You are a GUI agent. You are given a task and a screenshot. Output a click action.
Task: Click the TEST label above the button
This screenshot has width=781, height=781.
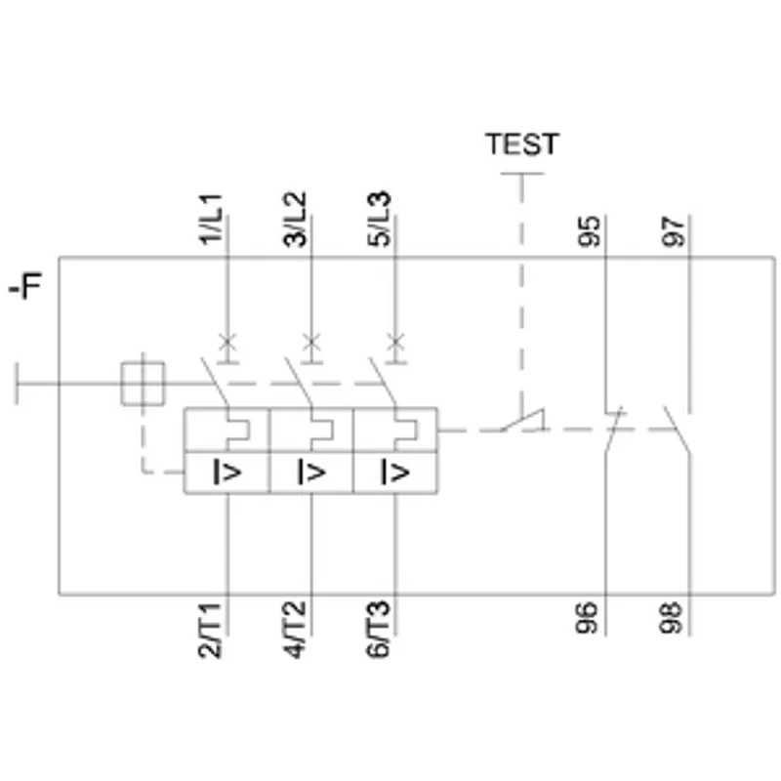point(522,144)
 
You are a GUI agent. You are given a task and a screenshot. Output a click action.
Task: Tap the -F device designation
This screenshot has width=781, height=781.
point(26,285)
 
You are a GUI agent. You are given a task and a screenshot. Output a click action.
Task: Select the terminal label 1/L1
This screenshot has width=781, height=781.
point(211,219)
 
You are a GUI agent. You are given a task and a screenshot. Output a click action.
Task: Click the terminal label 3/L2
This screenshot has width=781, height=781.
point(295,219)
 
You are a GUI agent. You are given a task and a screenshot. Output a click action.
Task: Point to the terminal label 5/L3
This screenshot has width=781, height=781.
point(379,219)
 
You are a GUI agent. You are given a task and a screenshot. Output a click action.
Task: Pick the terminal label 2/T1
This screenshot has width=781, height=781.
point(210,630)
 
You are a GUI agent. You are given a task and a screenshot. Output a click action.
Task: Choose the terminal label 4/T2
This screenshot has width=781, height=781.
point(294,630)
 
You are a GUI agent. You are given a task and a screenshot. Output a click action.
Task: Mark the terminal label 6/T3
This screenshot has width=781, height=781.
point(378,630)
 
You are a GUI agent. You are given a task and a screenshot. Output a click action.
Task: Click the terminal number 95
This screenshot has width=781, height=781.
point(590,231)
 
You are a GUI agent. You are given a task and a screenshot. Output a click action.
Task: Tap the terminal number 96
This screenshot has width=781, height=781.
point(587,618)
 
